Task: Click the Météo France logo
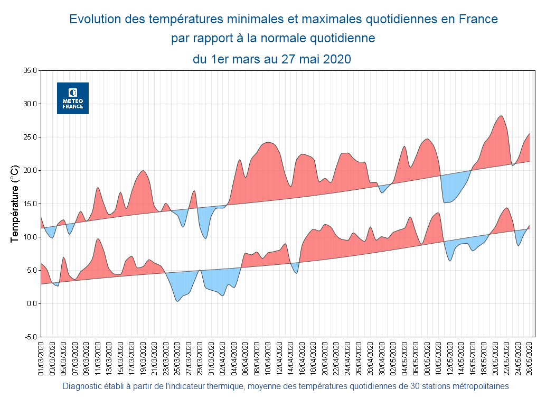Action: click(73, 98)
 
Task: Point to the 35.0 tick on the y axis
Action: click(30, 70)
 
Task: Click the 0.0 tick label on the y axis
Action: click(31, 303)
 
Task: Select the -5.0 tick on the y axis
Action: click(30, 337)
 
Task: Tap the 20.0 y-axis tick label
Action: click(30, 170)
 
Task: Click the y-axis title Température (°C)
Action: click(15, 204)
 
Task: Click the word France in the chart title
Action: click(478, 20)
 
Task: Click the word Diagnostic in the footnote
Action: click(81, 386)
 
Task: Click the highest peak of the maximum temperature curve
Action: click(501, 116)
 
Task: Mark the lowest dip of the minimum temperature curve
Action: click(177, 301)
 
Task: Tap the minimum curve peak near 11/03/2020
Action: click(98, 238)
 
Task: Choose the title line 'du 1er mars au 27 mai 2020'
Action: click(272, 59)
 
